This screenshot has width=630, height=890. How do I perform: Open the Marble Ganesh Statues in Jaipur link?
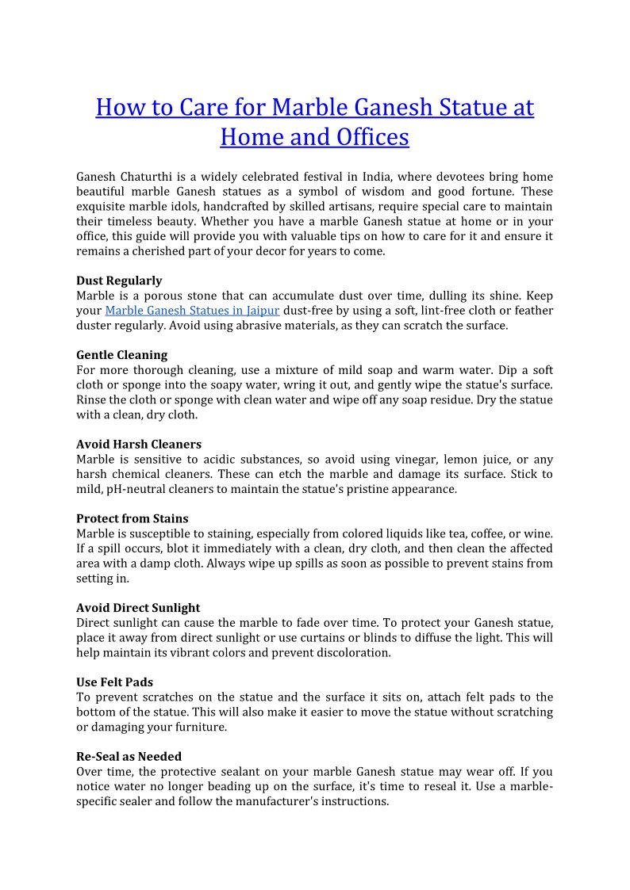coord(192,310)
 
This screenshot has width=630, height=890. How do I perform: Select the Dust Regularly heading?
coord(119,281)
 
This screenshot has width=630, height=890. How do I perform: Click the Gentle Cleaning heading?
coord(121,355)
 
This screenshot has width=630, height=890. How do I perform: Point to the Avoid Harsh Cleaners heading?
coord(139,444)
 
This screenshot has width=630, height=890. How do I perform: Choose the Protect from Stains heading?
coord(132,518)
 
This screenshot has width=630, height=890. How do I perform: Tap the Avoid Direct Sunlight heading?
coord(138,608)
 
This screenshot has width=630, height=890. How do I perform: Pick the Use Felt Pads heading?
coord(114,682)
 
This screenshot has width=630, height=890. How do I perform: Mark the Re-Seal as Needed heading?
coord(129,756)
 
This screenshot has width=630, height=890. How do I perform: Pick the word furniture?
coord(202,727)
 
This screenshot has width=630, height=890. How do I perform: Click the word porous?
coord(165,296)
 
